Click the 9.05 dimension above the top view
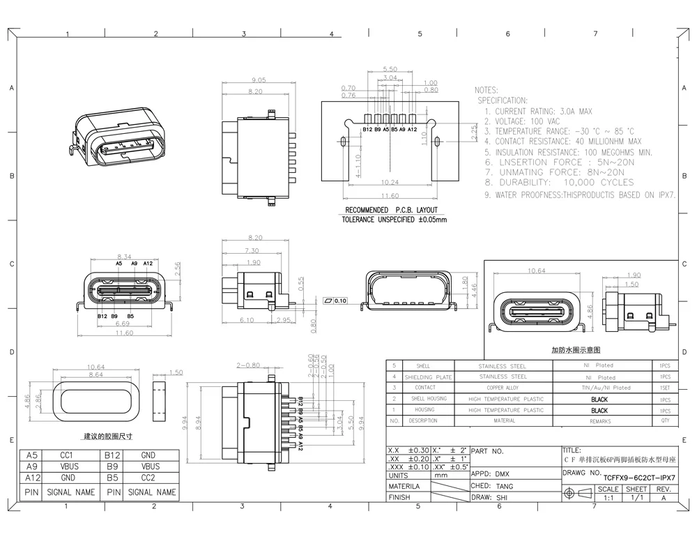239,79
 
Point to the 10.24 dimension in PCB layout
390,181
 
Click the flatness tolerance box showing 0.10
337,301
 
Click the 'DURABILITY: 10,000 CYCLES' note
559,182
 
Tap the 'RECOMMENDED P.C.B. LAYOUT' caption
391,210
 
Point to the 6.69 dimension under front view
121,324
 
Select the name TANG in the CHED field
505,486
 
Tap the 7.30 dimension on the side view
252,250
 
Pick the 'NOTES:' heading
487,91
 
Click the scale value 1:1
608,499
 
